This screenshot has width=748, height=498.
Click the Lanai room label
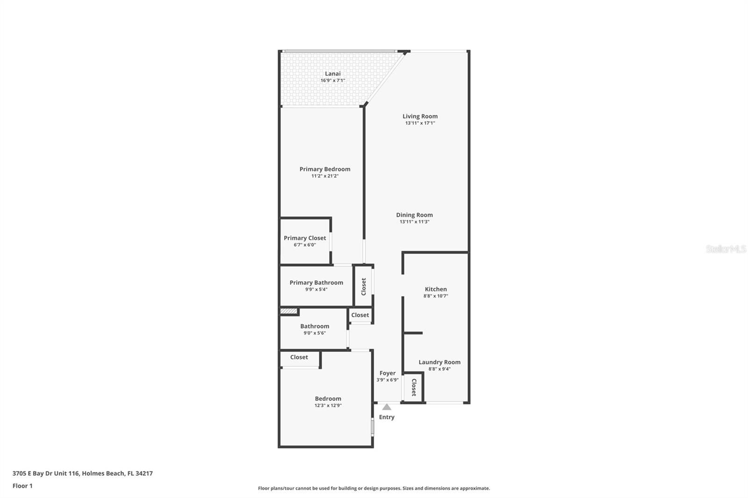pyautogui.click(x=332, y=74)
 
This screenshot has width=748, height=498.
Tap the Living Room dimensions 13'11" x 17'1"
pyautogui.click(x=420, y=123)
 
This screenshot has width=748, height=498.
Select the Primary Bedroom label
pyautogui.click(x=324, y=169)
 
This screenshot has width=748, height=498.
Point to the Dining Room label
pyautogui.click(x=414, y=215)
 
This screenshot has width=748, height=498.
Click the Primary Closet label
pyautogui.click(x=305, y=238)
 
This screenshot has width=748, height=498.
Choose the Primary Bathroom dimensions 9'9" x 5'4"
pyautogui.click(x=316, y=290)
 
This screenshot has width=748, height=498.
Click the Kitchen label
pyautogui.click(x=436, y=289)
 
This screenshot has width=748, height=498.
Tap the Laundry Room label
pyautogui.click(x=439, y=362)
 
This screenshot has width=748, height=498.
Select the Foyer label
pyautogui.click(x=387, y=373)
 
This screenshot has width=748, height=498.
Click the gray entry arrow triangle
pyautogui.click(x=387, y=407)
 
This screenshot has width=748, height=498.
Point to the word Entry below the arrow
pyautogui.click(x=387, y=417)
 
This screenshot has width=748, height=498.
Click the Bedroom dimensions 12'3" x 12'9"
pyautogui.click(x=328, y=406)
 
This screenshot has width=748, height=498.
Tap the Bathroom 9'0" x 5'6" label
pyautogui.click(x=315, y=327)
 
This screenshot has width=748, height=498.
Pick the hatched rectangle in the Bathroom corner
pyautogui.click(x=288, y=311)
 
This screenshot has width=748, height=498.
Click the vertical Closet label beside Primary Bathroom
pyautogui.click(x=364, y=286)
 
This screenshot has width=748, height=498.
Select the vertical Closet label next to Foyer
pyautogui.click(x=414, y=387)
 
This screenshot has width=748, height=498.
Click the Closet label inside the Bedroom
pyautogui.click(x=299, y=357)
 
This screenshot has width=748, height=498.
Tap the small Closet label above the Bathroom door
pyautogui.click(x=360, y=315)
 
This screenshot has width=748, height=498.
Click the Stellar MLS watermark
pyautogui.click(x=726, y=249)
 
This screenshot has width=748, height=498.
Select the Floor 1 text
pyautogui.click(x=22, y=486)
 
